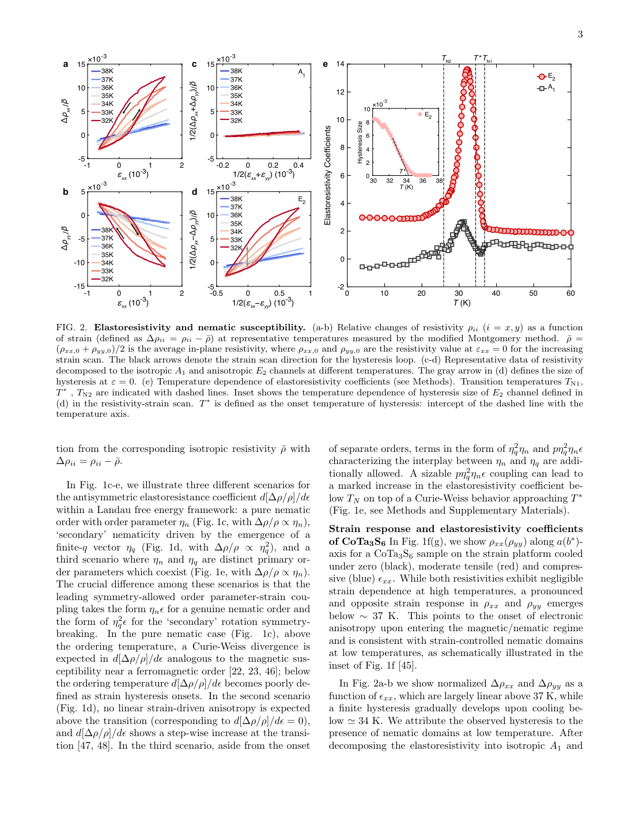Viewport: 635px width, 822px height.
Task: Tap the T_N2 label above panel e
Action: click(447, 59)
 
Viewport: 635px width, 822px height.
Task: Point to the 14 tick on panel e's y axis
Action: click(340, 64)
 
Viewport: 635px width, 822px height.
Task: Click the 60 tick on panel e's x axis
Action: click(570, 293)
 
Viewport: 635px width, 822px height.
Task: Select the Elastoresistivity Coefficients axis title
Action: click(328, 175)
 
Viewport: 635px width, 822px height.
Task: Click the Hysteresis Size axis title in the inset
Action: click(360, 142)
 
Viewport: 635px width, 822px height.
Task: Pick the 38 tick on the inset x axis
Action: click(439, 181)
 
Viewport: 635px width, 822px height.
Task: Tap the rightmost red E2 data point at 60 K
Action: click(570, 233)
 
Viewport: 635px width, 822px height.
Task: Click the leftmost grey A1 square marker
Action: click(362, 267)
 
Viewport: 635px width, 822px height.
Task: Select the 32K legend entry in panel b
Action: click(107, 279)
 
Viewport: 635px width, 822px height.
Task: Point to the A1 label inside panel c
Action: click(301, 73)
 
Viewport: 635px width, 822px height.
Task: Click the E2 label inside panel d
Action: click(301, 200)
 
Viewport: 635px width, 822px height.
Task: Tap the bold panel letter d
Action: click(195, 192)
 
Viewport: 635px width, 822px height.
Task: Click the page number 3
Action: click(580, 35)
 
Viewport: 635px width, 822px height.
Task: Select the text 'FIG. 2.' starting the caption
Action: click(71, 327)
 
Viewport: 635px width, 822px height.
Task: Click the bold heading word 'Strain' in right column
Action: click(343, 529)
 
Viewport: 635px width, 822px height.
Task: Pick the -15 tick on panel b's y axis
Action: click(80, 286)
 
